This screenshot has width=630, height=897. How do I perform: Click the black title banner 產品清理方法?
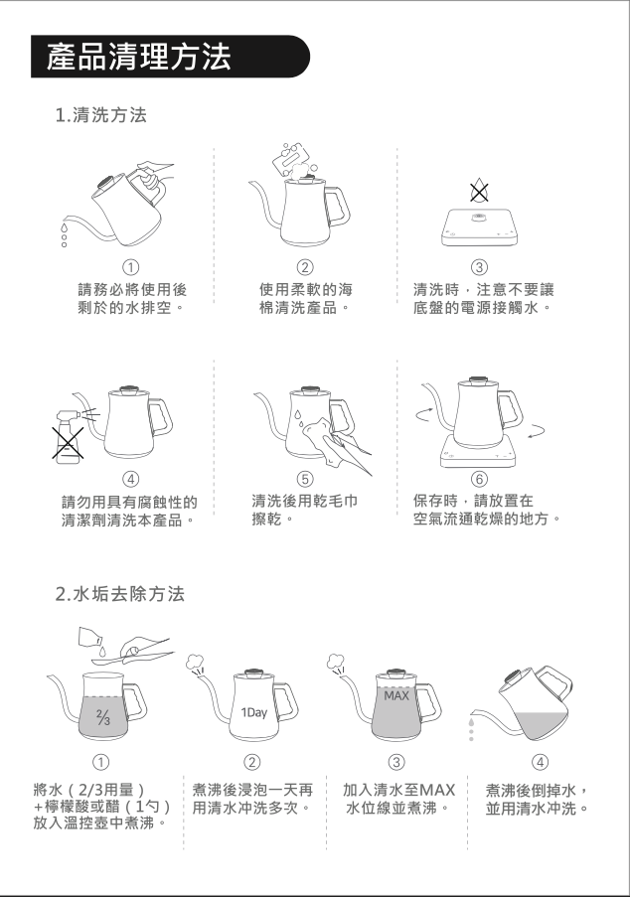(x=170, y=57)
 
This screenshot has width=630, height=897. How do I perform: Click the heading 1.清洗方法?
(x=101, y=115)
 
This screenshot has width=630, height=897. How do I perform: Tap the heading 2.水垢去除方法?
(x=120, y=594)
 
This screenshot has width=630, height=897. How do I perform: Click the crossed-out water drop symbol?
(x=479, y=190)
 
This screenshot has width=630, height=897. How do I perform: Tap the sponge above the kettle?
(x=292, y=156)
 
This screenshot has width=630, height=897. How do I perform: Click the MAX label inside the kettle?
(x=396, y=695)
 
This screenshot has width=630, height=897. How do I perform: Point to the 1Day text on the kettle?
(x=254, y=713)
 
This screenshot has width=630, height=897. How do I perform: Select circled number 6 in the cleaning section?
(x=479, y=478)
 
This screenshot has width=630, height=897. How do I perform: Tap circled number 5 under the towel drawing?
(x=304, y=478)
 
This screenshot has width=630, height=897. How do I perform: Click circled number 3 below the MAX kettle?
(x=395, y=762)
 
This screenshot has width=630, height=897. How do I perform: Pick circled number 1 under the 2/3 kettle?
(x=100, y=762)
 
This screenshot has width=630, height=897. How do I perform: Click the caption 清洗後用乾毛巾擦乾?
(x=305, y=510)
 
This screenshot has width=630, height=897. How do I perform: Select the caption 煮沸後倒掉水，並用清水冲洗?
(x=537, y=800)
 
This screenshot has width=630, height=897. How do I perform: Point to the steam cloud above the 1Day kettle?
(x=195, y=661)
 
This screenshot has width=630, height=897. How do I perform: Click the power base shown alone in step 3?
(x=479, y=227)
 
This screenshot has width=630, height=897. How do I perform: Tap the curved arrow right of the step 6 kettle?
(x=537, y=430)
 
